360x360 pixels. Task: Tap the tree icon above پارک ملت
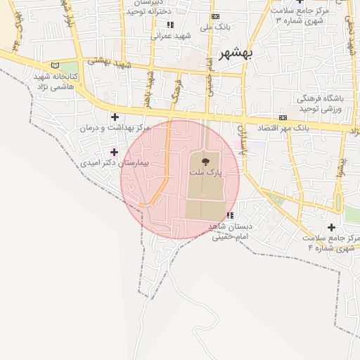click(205, 162)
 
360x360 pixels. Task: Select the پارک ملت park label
click(205, 172)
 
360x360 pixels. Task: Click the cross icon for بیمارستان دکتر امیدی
click(115, 152)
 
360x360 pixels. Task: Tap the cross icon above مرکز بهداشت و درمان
click(115, 117)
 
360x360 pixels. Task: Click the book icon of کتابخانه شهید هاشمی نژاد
click(56, 65)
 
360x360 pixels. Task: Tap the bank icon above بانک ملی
click(215, 16)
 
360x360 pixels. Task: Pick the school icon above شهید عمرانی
click(170, 25)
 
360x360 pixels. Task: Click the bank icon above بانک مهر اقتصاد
click(283, 117)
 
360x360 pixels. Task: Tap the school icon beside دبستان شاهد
click(230, 215)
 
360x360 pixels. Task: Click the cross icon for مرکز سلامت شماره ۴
click(331, 227)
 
